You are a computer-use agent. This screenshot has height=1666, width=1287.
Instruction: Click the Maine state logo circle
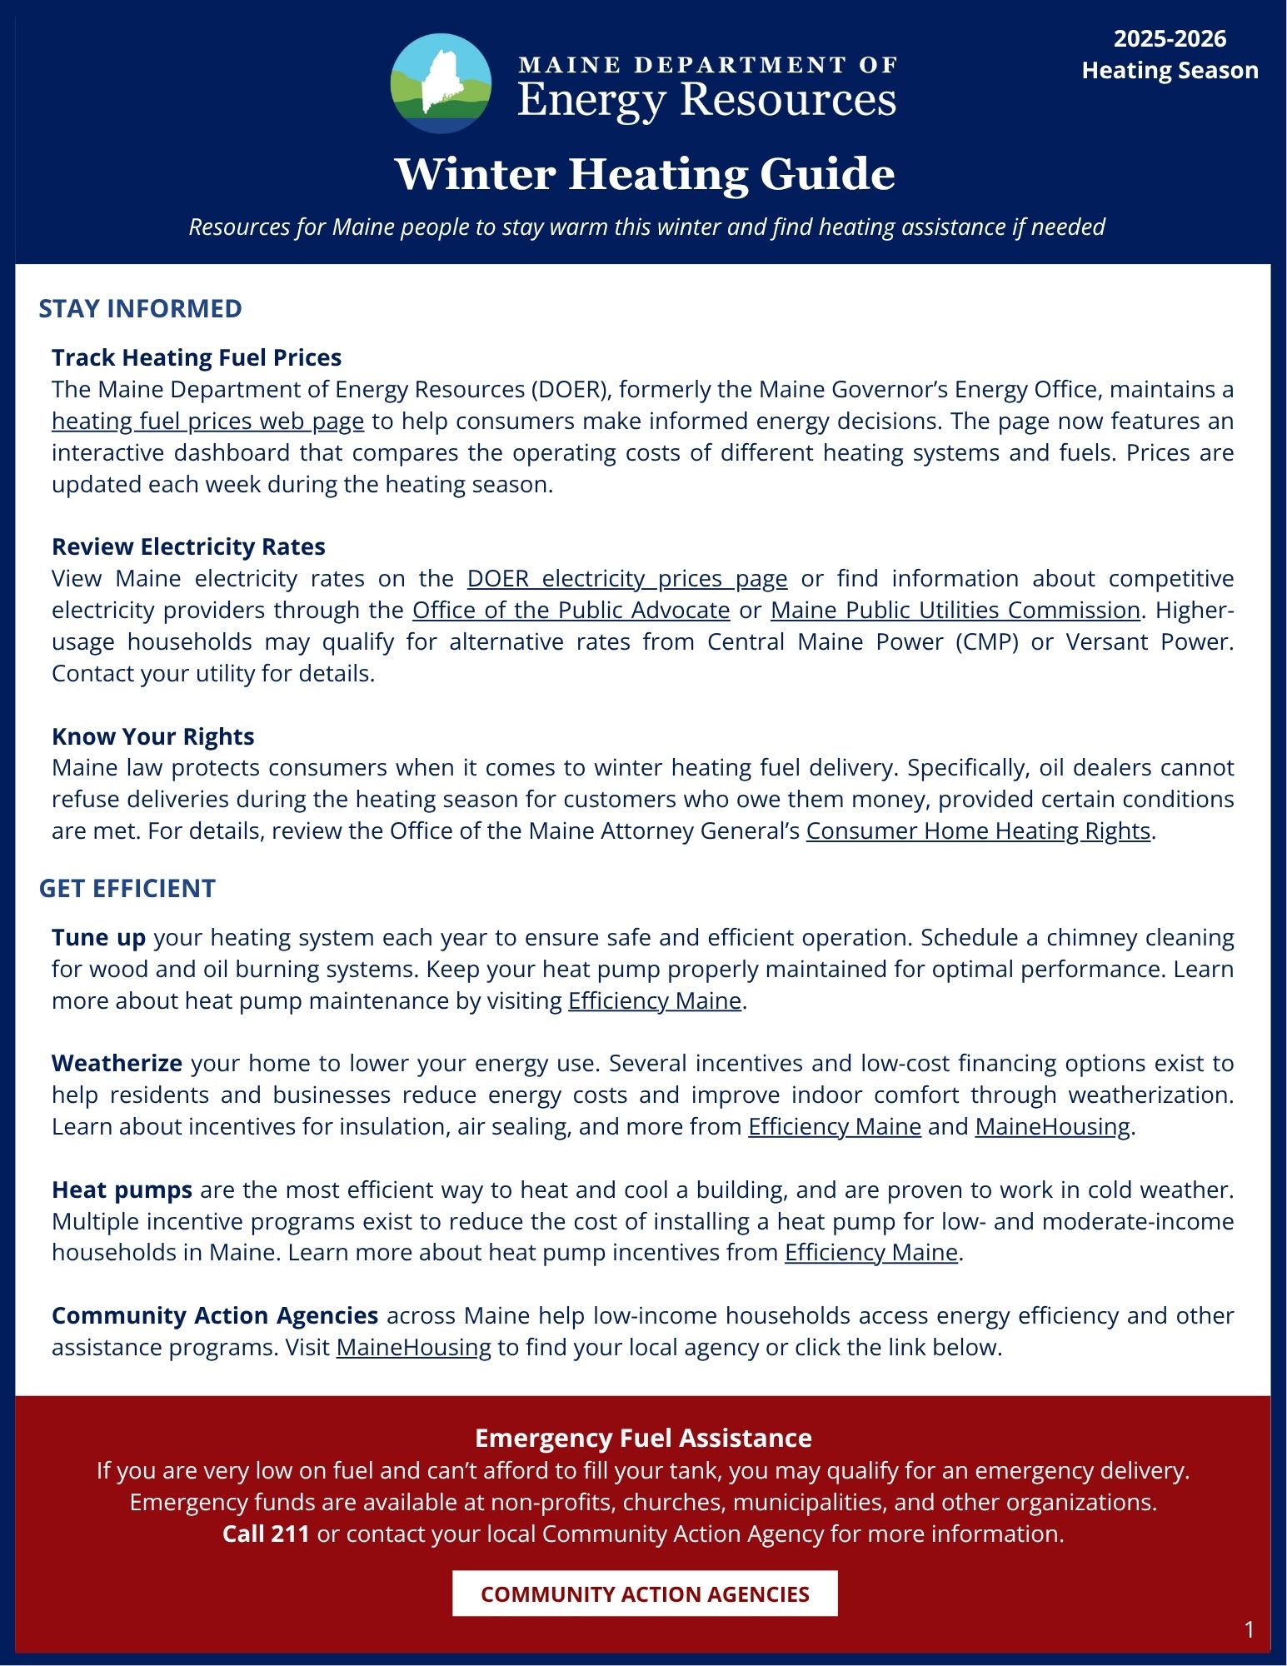pos(441,84)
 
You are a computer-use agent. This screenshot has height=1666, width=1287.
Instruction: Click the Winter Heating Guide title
pos(644,174)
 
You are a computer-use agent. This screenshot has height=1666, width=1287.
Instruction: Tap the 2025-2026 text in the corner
pos(1170,39)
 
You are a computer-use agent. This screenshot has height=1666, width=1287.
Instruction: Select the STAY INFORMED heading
pos(140,309)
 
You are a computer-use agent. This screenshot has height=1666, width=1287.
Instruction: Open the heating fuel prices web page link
pos(207,421)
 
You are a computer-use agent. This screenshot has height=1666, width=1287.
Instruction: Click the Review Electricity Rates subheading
pos(188,546)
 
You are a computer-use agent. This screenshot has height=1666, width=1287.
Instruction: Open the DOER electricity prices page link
pos(626,578)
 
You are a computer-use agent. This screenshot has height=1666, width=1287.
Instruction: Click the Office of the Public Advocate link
pos(571,610)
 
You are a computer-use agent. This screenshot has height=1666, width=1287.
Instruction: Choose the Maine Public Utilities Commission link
pos(955,610)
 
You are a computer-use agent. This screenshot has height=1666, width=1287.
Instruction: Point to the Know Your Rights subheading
pos(152,736)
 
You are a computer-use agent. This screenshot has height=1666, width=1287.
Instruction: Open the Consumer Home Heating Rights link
pos(978,831)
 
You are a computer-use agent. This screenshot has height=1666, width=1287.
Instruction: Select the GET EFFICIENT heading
pos(127,889)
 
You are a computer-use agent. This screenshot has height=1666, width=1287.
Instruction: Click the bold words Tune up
pos(98,938)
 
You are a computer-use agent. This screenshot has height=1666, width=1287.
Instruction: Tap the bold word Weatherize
pos(117,1064)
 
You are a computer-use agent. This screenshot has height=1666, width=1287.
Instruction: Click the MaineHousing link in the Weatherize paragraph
pos(1052,1126)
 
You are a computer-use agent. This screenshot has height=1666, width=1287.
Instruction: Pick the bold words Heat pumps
pos(122,1190)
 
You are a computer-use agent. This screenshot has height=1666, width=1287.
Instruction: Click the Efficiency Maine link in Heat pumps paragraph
pos(870,1253)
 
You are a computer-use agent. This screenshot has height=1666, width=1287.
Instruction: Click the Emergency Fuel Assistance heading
pos(643,1438)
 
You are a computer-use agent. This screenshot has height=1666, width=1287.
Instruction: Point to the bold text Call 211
pos(266,1534)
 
